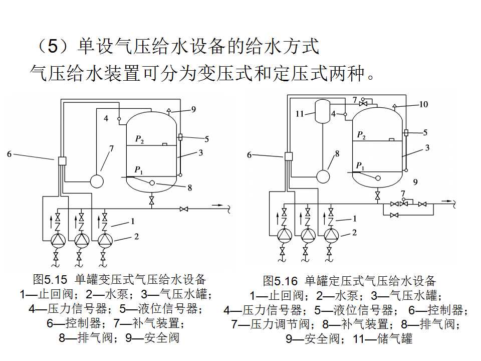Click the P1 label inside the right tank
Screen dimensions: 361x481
click(360, 165)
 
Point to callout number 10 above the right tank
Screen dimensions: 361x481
click(424, 104)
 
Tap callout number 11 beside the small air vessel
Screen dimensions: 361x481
click(300, 114)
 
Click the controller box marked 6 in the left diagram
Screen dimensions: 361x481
click(63, 161)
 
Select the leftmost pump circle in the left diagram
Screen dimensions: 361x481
click(58, 240)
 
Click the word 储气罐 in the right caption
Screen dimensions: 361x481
click(396, 339)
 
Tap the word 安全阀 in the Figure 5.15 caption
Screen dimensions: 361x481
click(161, 337)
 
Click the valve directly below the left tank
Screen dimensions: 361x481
click(151, 201)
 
